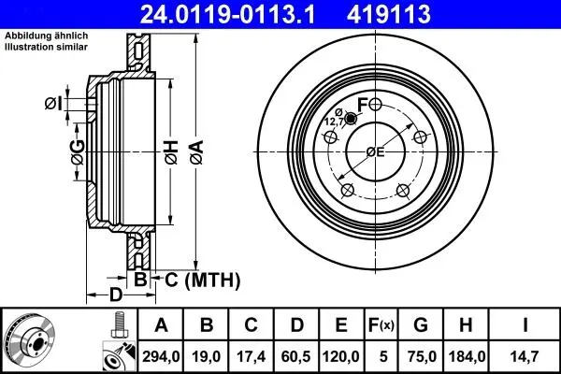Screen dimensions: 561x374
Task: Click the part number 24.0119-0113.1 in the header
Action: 227,14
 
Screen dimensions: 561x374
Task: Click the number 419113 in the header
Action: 388,14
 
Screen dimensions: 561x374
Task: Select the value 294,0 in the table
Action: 161,356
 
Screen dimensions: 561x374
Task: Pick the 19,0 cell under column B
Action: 206,356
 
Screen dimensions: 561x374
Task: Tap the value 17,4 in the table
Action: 251,356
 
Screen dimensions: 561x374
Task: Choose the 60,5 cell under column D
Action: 296,356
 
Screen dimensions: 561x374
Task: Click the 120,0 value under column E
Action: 341,356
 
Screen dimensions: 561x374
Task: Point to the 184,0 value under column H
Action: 466,356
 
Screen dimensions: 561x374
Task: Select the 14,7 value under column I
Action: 525,356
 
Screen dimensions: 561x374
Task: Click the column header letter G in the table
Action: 421,325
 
